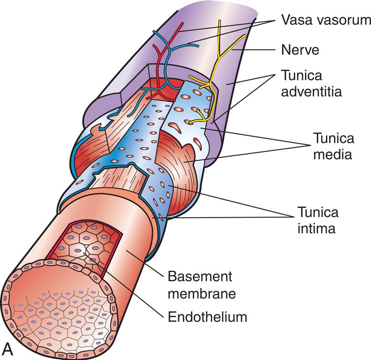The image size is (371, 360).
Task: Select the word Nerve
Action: point(300,50)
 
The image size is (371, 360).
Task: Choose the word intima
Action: point(316,228)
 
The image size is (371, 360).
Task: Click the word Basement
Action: point(200,276)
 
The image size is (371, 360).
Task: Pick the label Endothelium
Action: point(207,317)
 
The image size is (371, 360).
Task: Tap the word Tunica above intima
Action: point(317,212)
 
